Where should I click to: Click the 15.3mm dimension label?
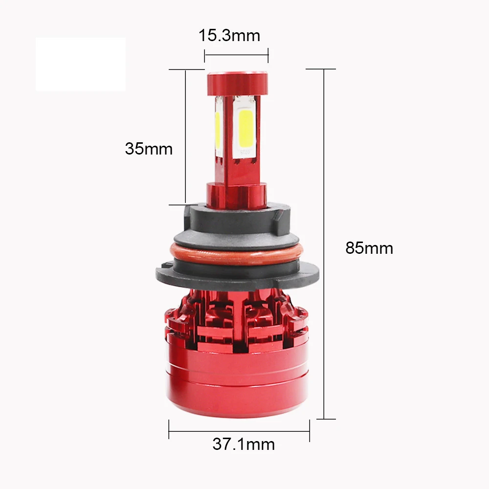229,35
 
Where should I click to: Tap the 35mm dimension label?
149,149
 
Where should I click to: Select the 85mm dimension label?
369,248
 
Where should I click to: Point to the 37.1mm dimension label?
244,444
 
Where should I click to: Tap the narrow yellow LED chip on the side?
218,131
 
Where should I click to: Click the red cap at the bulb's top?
237,84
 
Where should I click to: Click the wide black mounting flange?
237,275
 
